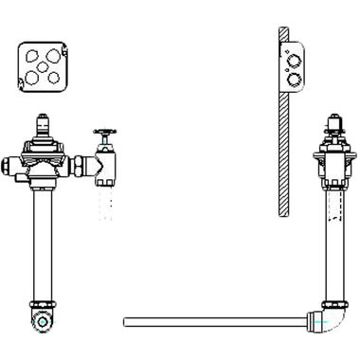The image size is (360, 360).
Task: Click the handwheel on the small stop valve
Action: [105, 134]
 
